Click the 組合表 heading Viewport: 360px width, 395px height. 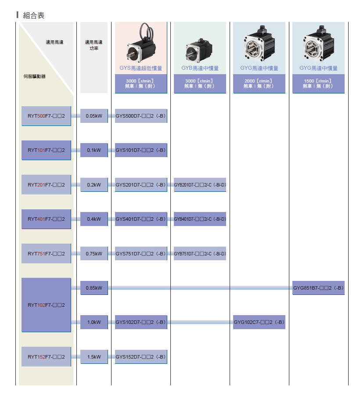pos(33,15)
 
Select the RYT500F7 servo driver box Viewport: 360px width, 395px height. pos(46,116)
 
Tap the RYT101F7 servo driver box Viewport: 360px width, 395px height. pos(46,150)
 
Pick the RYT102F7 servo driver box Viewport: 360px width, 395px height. pos(46,305)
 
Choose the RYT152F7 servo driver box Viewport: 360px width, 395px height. pos(46,357)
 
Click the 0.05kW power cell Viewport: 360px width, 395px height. pos(94,116)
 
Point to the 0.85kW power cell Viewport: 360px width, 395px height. pos(94,288)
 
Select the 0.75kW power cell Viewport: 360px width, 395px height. pos(94,254)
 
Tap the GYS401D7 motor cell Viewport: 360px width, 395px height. pos(140,219)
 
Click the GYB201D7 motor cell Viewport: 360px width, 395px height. pos(200,185)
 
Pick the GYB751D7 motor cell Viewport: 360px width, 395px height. pos(200,254)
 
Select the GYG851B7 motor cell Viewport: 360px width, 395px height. pos(318,288)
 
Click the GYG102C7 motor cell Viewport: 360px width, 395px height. pos(259,323)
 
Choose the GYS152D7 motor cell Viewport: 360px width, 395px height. pos(140,357)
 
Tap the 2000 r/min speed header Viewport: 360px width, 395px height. pos(259,83)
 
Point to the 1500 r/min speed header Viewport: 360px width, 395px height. pos(318,83)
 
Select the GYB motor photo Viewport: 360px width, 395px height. pos(200,48)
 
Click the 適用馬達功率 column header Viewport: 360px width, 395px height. pos(94,45)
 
